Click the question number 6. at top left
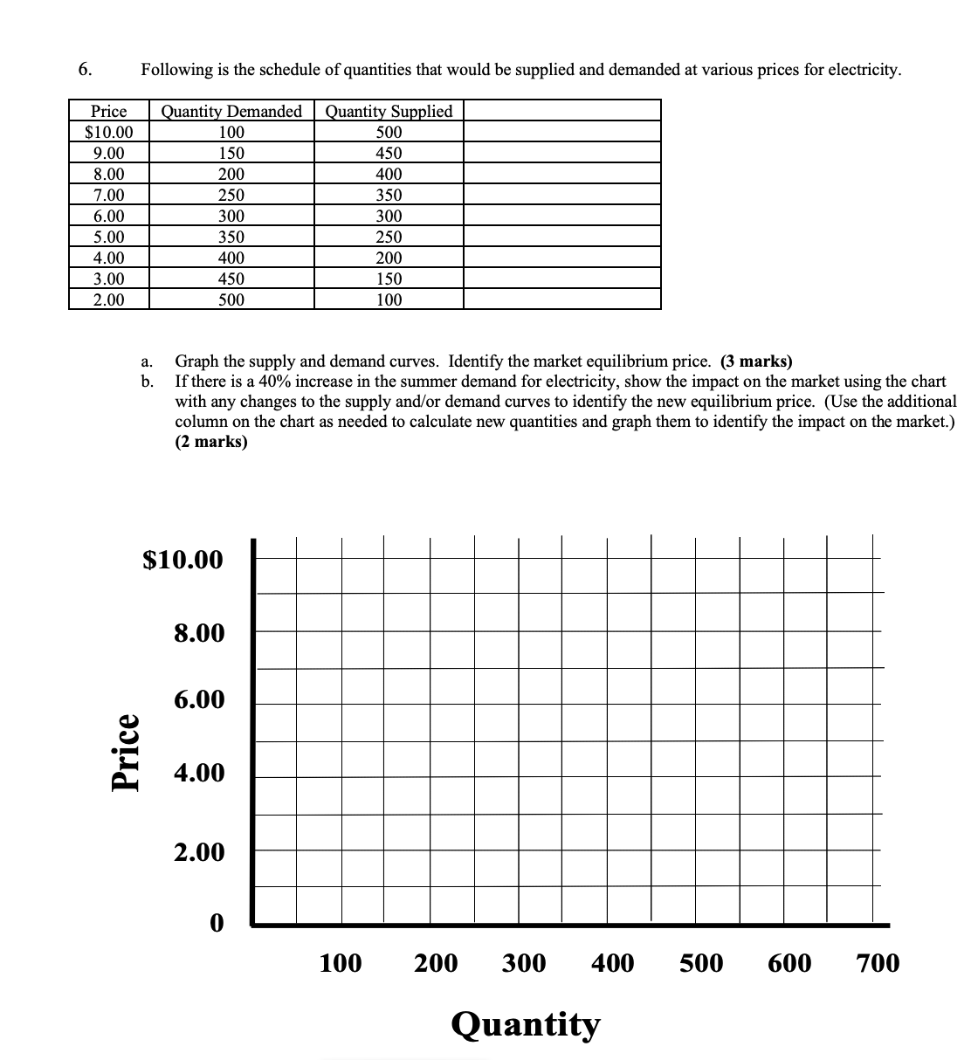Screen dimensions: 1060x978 click(x=86, y=70)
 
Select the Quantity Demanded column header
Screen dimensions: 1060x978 click(x=231, y=111)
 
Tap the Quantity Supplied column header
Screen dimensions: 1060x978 click(x=389, y=111)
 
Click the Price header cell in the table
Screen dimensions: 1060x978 click(x=109, y=111)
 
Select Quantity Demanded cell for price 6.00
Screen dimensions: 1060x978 click(x=231, y=216)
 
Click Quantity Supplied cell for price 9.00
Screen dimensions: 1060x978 click(x=389, y=153)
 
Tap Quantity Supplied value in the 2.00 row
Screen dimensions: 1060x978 click(x=389, y=299)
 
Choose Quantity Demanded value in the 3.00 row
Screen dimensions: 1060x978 click(x=231, y=279)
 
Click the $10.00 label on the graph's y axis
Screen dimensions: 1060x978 click(x=183, y=559)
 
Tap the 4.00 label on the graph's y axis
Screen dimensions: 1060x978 click(x=199, y=773)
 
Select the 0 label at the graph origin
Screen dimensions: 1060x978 click(x=216, y=922)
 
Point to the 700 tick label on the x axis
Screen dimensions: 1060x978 click(x=878, y=963)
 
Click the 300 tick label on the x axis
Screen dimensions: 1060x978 click(x=524, y=963)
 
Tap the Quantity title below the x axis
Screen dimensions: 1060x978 click(x=526, y=1023)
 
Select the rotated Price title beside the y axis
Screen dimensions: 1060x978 click(x=126, y=752)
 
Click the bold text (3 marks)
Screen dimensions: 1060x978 click(x=756, y=361)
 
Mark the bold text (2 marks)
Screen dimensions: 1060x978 click(x=211, y=441)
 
